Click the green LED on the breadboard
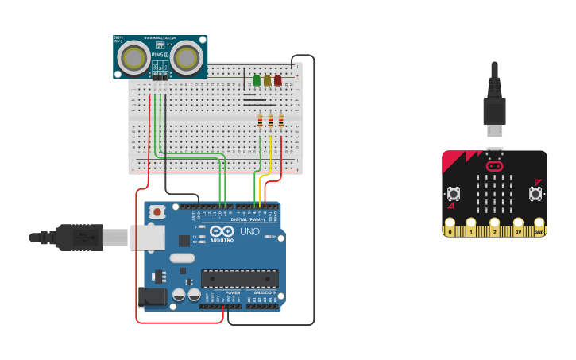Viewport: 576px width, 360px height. pos(257,80)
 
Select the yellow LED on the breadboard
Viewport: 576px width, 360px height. pos(267,80)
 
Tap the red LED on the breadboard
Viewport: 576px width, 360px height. pos(277,80)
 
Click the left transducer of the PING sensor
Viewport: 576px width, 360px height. pos(133,57)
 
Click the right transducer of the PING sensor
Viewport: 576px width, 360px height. pos(186,57)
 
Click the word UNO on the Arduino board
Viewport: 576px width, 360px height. pos(249,232)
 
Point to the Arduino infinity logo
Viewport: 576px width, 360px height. pos(213,232)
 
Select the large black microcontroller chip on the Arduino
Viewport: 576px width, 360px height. pos(239,279)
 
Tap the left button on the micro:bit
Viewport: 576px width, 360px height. pos(454,193)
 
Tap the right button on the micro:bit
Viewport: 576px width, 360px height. pos(535,193)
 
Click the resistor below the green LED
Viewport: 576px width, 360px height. pos(260,121)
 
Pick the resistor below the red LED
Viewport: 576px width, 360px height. pos(280,121)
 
